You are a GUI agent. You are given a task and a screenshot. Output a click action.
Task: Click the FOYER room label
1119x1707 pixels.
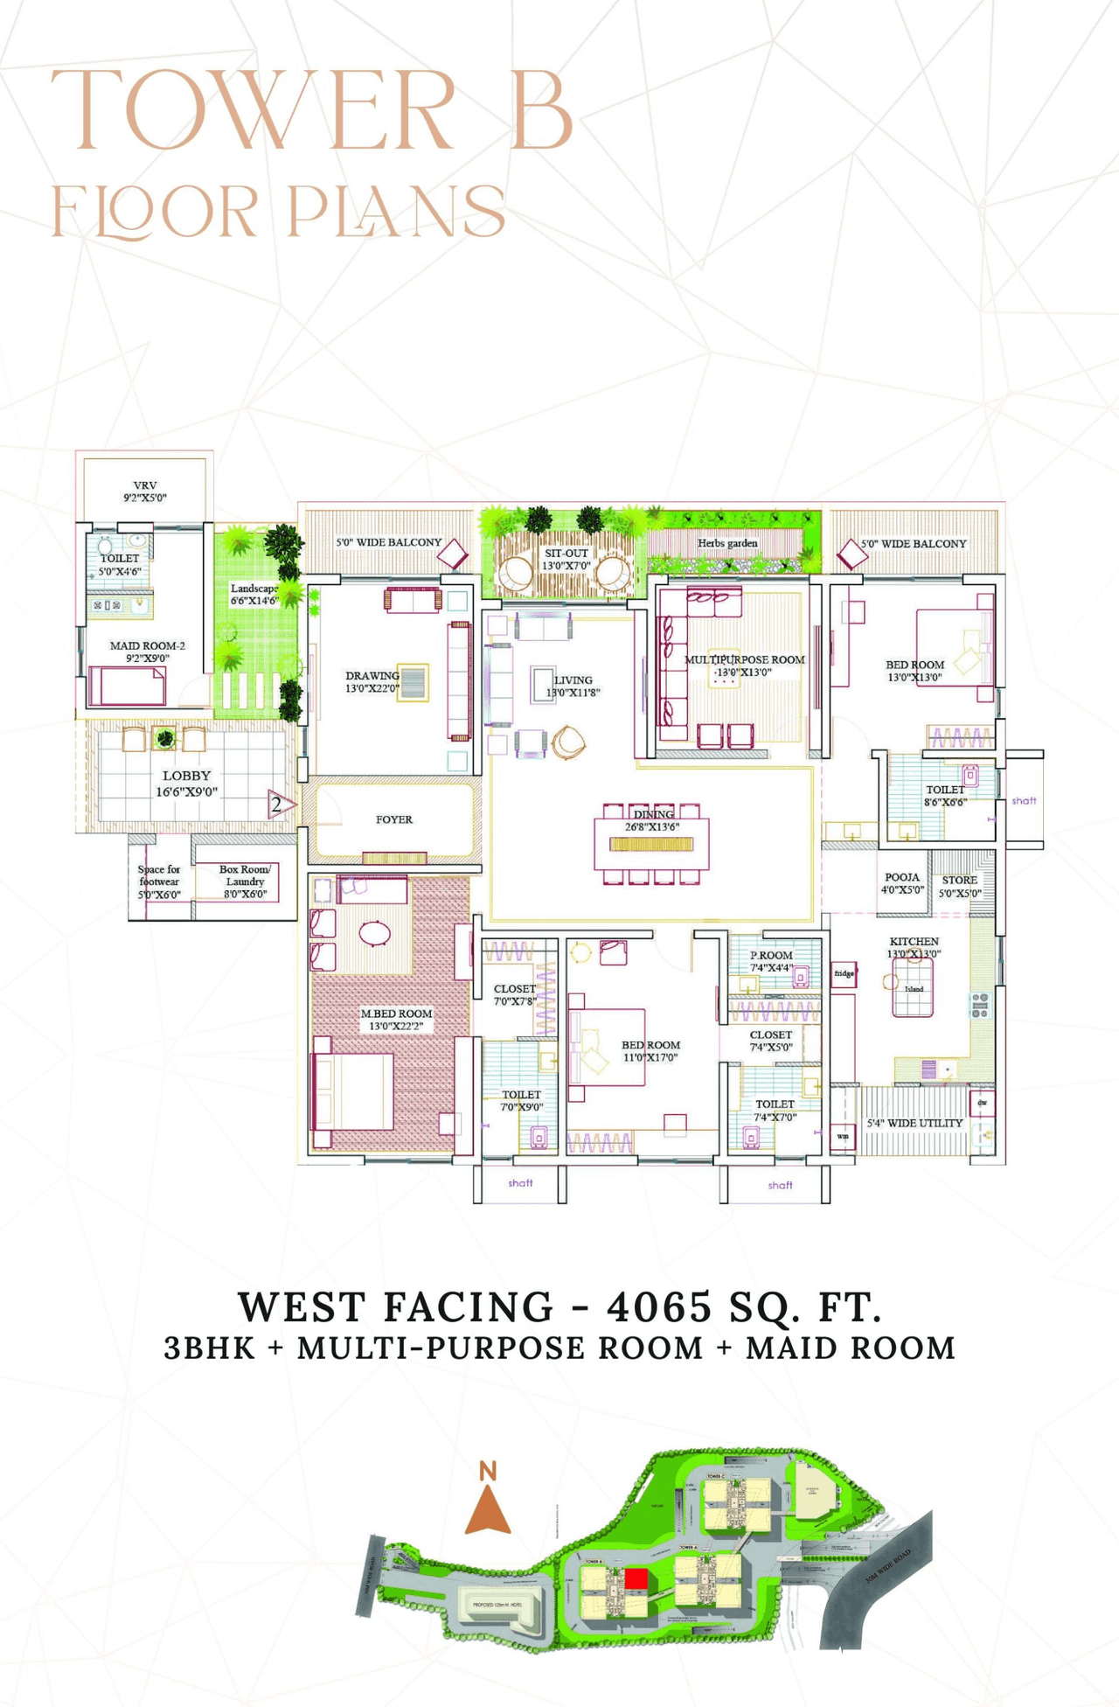(x=394, y=819)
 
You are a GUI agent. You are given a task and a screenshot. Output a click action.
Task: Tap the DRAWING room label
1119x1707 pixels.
(x=372, y=676)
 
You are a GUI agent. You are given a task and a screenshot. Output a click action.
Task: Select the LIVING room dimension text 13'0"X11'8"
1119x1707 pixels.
(x=573, y=693)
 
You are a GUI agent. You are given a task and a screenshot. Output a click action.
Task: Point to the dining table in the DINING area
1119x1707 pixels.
(x=651, y=844)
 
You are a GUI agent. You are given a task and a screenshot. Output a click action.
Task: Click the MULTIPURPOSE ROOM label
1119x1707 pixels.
(x=744, y=659)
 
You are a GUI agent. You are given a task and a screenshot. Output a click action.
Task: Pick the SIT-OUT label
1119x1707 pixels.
(x=566, y=554)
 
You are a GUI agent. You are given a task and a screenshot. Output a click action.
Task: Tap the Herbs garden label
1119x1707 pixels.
(x=727, y=543)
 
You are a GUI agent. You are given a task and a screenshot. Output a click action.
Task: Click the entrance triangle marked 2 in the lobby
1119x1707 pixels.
(x=279, y=805)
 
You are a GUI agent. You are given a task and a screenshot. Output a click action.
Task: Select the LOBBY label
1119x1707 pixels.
(x=186, y=776)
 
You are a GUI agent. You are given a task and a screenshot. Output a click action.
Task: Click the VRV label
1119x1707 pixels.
(x=145, y=485)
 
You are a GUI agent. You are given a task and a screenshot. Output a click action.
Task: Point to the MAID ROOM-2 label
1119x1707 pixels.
(x=147, y=645)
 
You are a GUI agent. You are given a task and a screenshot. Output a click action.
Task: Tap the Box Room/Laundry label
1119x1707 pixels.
(x=245, y=875)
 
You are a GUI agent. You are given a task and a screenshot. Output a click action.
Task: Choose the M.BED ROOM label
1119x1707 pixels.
(x=396, y=1014)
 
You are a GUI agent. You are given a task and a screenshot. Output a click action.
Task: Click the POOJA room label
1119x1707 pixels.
(x=902, y=877)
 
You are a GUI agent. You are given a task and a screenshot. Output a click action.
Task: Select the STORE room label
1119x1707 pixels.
(x=959, y=880)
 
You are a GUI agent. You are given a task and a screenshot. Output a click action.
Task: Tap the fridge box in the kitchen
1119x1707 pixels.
(x=844, y=973)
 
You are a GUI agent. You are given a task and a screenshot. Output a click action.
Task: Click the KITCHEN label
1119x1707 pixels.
(x=914, y=942)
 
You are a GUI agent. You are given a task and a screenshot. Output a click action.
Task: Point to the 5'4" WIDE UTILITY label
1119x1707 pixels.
(x=914, y=1123)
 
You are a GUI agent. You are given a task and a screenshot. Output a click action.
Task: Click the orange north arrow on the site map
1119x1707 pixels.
(x=488, y=1510)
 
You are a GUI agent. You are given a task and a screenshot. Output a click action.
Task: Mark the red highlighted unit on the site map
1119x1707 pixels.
(x=636, y=1578)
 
